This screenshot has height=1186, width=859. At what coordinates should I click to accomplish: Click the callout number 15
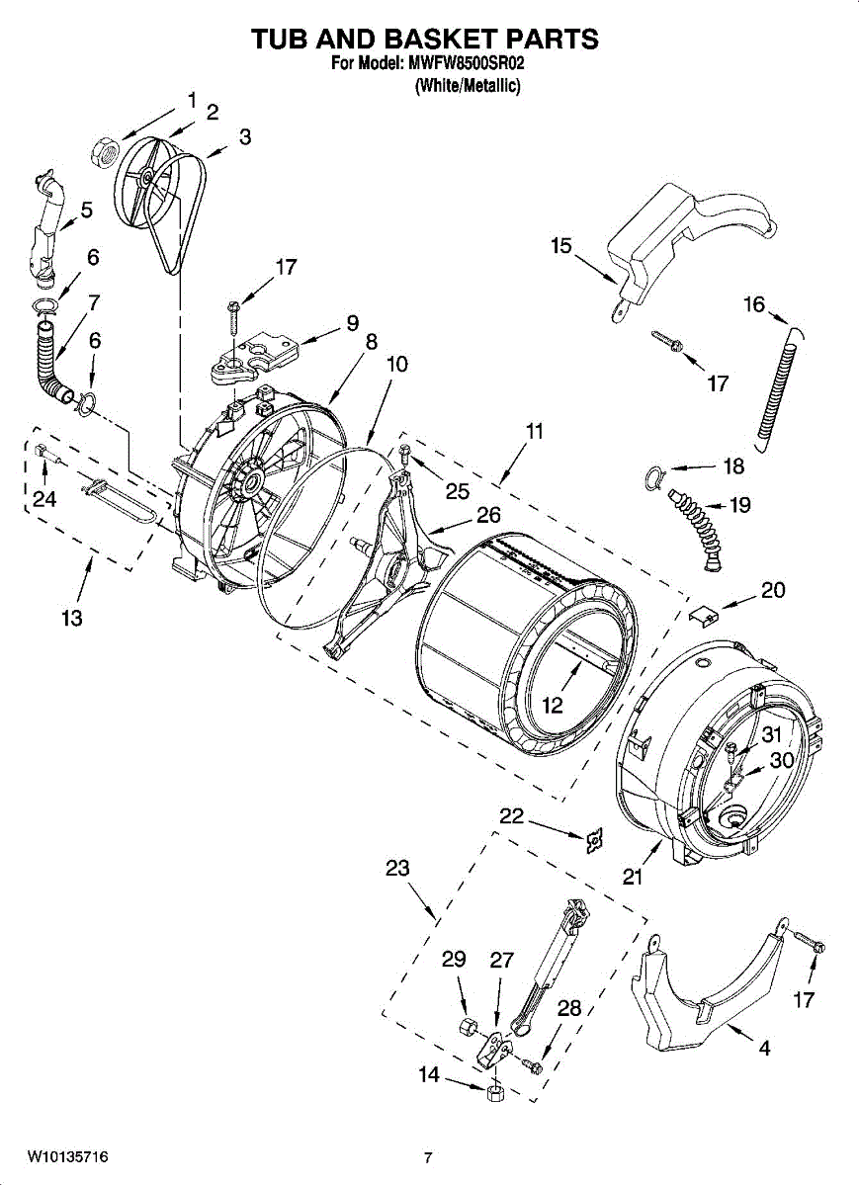pyautogui.click(x=561, y=245)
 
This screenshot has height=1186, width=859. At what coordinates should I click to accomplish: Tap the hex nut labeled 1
pyautogui.click(x=105, y=151)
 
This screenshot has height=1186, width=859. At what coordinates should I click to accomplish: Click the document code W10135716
pyautogui.click(x=67, y=1156)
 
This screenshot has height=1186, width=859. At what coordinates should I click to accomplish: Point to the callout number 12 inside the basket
pyautogui.click(x=552, y=706)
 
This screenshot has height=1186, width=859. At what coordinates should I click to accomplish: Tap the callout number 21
pyautogui.click(x=633, y=876)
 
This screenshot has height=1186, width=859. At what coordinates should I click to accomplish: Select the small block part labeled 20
pyautogui.click(x=704, y=615)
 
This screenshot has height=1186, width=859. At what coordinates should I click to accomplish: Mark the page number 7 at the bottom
pyautogui.click(x=428, y=1157)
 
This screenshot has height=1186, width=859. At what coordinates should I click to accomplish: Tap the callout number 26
pyautogui.click(x=488, y=515)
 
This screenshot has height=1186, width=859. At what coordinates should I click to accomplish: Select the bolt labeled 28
pyautogui.click(x=535, y=1065)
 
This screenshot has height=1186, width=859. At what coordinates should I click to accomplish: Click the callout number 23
pyautogui.click(x=397, y=869)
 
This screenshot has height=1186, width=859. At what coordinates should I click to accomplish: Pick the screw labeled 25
pyautogui.click(x=406, y=455)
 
